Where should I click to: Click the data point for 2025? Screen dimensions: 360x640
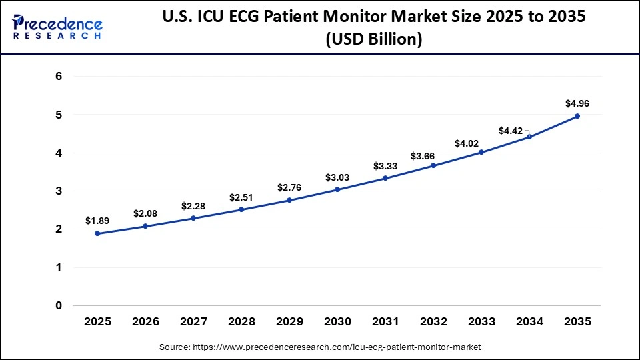(97, 233)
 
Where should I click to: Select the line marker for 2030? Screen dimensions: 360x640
(337, 189)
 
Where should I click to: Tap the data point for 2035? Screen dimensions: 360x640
(577, 116)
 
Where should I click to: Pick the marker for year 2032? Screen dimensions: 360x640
(433, 165)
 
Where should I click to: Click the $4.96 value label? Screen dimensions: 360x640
(577, 103)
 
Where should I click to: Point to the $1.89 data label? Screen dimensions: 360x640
(97, 221)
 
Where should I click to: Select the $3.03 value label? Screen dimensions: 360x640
(337, 177)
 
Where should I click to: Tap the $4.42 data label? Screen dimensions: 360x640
(511, 131)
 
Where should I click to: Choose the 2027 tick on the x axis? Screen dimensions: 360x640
(193, 321)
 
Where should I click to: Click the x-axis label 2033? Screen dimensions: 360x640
(481, 321)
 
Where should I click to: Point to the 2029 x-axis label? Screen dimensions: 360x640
(289, 321)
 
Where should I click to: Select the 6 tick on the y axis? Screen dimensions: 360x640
(59, 77)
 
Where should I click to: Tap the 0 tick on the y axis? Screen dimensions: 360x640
(59, 306)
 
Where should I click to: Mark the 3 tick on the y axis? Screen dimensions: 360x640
(59, 191)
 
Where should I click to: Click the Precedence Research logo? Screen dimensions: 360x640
(57, 27)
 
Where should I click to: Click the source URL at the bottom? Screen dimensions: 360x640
(320, 347)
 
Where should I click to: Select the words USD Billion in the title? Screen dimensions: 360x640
(373, 39)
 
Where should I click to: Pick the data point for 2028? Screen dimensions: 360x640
(241, 209)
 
